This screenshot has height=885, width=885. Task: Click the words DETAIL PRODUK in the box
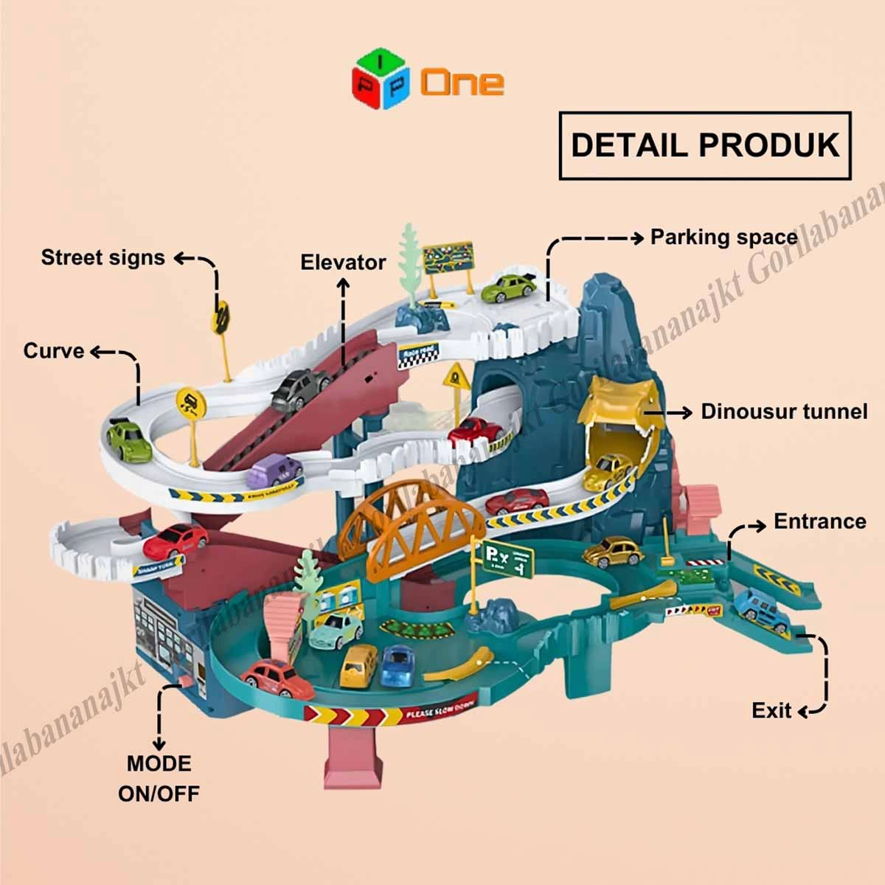pyautogui.click(x=706, y=145)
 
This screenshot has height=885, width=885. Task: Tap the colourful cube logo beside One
pyautogui.click(x=383, y=80)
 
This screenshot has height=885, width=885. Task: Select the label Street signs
pyautogui.click(x=103, y=257)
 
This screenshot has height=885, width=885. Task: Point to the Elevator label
pyautogui.click(x=343, y=262)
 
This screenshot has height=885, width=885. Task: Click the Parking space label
pyautogui.click(x=723, y=237)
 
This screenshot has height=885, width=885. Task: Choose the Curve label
pyautogui.click(x=54, y=350)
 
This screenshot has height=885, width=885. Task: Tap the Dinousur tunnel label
pyautogui.click(x=784, y=411)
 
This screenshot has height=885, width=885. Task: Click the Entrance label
pyautogui.click(x=819, y=521)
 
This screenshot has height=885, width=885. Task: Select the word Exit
pyautogui.click(x=771, y=710)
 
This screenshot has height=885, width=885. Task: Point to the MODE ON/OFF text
pyautogui.click(x=159, y=778)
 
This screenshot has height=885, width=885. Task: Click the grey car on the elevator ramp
pyautogui.click(x=301, y=388)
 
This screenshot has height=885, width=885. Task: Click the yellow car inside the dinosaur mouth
pyautogui.click(x=608, y=471)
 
